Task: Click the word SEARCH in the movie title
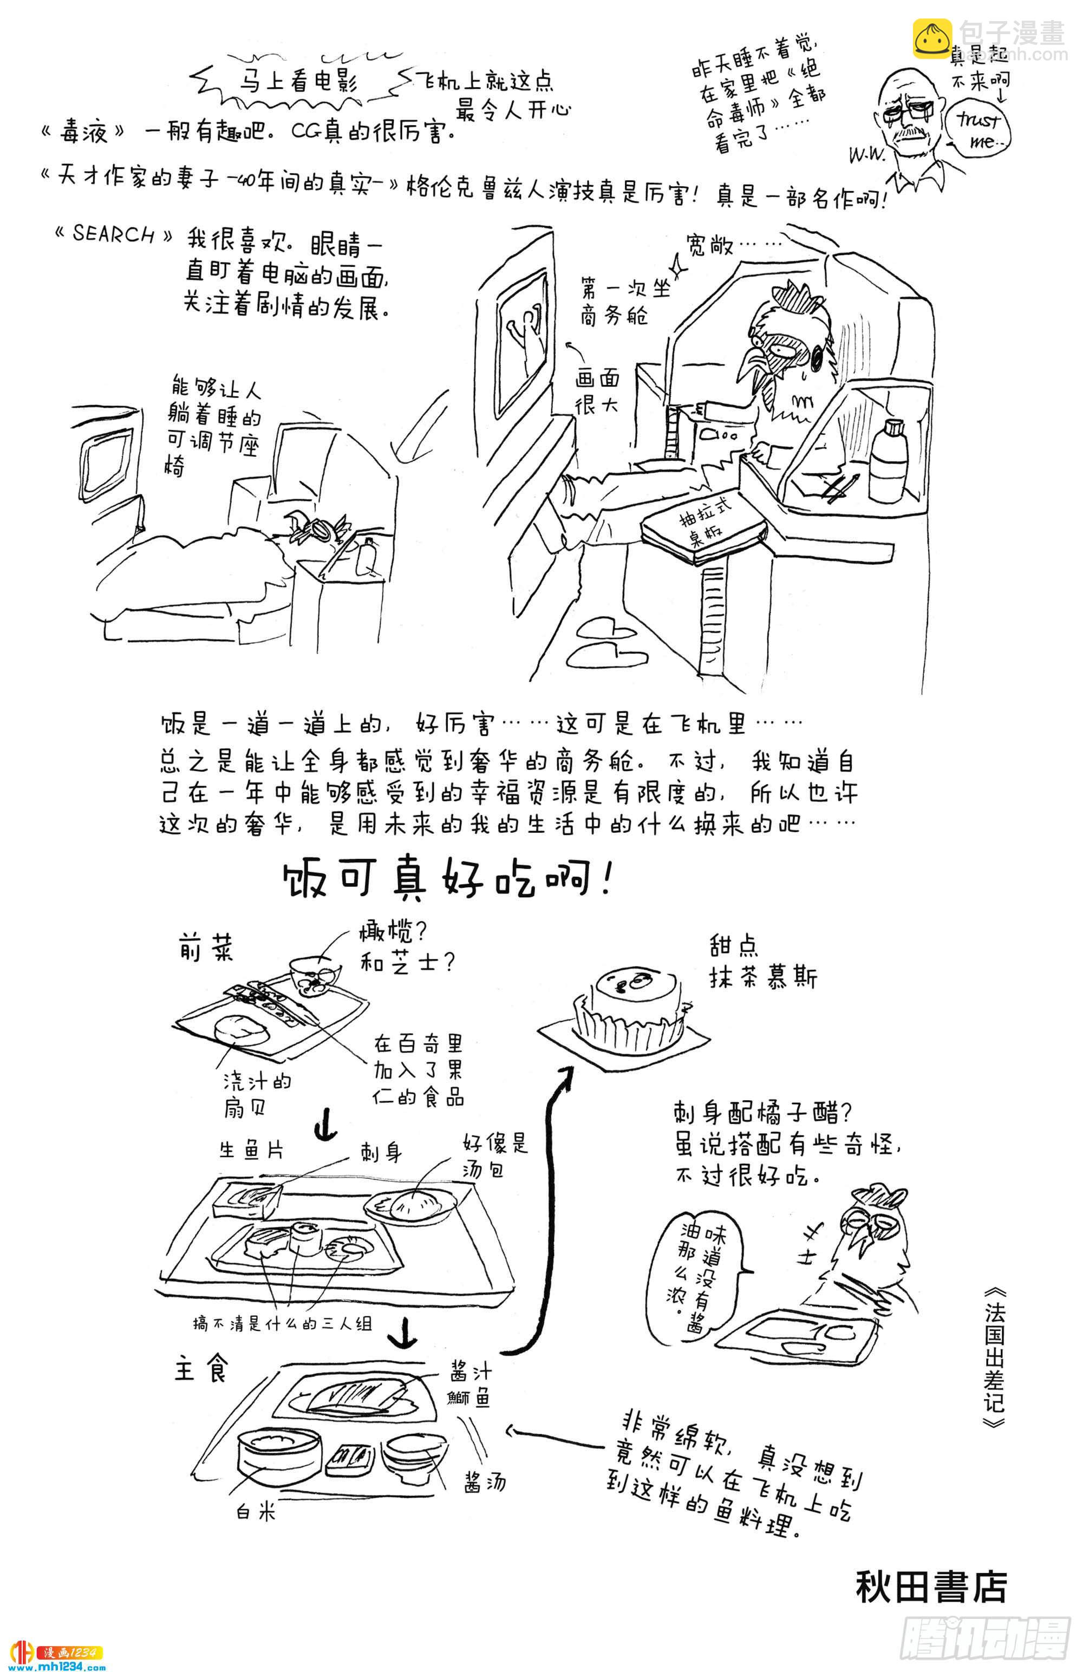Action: tap(113, 234)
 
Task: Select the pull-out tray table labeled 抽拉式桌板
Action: tap(703, 529)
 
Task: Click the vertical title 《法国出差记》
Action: tap(994, 1350)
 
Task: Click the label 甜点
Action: tap(733, 946)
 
